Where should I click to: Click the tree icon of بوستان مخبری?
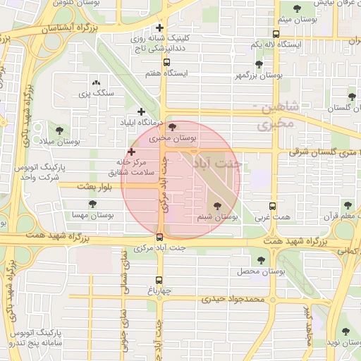(173, 126)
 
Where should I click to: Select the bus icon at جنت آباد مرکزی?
(161, 237)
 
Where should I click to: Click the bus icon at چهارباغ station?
(159, 280)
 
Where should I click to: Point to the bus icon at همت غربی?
(274, 207)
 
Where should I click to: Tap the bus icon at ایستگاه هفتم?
(166, 62)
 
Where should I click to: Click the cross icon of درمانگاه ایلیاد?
(142, 111)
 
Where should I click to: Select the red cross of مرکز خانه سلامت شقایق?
(131, 152)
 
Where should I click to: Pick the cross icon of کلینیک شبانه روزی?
(161, 27)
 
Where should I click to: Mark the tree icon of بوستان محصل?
(261, 260)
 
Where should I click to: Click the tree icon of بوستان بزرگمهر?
(259, 64)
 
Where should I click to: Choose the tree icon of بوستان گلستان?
(351, 97)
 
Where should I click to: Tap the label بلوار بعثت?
(77, 185)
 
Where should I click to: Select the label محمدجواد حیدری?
(232, 299)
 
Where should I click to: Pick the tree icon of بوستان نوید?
(345, 331)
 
